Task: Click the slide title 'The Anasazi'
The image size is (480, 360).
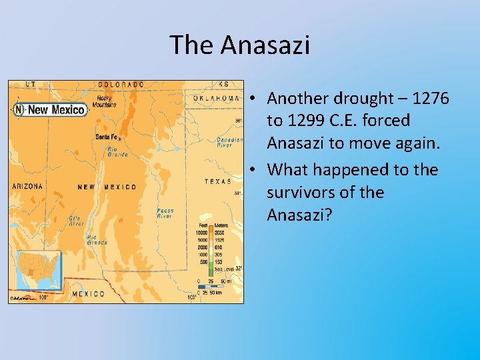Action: (x=240, y=45)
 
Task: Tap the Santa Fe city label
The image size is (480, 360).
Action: (x=106, y=136)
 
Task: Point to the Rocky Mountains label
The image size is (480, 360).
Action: (x=104, y=101)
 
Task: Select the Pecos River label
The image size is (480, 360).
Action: (x=165, y=213)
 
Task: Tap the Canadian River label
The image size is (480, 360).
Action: (x=229, y=141)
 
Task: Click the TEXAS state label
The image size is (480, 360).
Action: (x=218, y=181)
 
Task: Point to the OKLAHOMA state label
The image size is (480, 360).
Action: (x=217, y=98)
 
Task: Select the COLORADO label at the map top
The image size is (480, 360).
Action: (x=121, y=85)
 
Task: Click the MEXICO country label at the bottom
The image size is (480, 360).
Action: (x=88, y=294)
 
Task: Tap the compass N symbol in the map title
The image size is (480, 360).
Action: (x=19, y=110)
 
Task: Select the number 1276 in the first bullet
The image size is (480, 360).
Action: (x=431, y=99)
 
